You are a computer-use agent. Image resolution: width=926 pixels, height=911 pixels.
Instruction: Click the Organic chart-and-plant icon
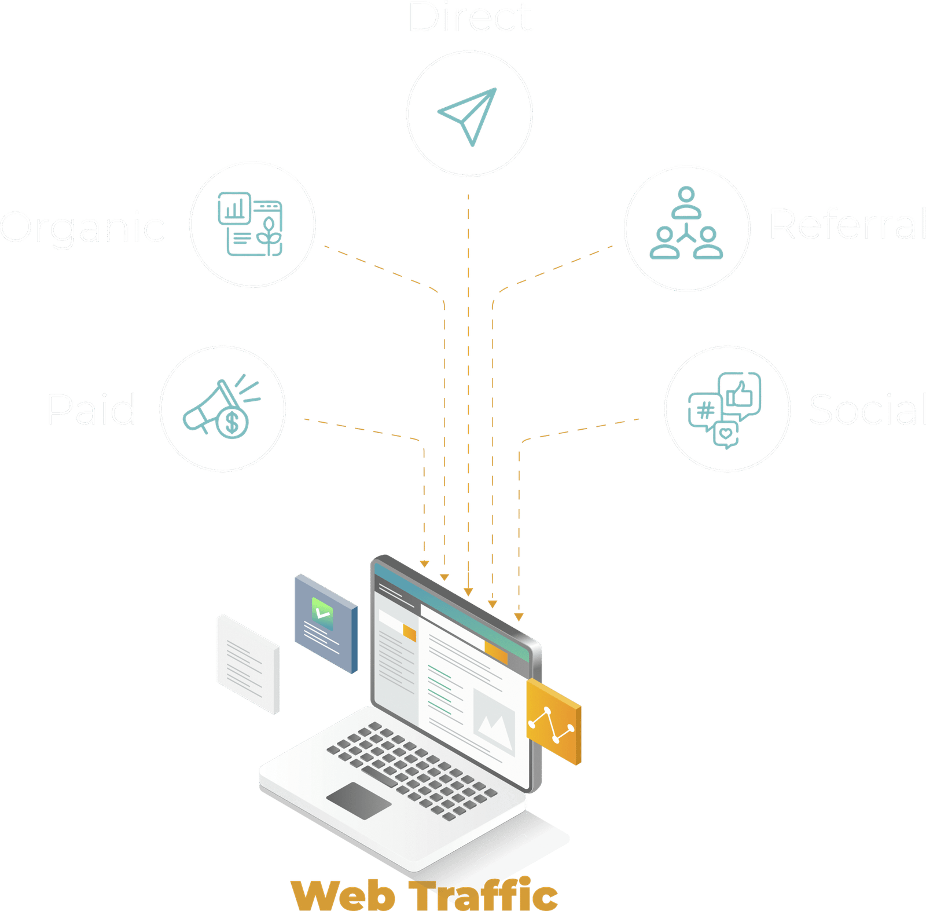click(250, 224)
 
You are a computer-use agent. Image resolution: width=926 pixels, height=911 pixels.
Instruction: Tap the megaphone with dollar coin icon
click(222, 408)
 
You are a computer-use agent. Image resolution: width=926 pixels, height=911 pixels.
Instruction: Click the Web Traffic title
click(424, 895)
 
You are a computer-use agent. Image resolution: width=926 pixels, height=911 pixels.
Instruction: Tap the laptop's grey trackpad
click(359, 800)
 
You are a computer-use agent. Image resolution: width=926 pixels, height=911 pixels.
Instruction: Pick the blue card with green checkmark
click(325, 623)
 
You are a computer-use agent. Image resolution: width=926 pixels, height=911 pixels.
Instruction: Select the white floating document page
click(248, 664)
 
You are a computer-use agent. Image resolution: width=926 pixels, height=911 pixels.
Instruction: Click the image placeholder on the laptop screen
click(494, 720)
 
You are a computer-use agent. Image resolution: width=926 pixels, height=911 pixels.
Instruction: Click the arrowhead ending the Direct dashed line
click(468, 592)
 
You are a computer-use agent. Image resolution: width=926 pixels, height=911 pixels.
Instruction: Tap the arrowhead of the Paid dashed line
click(424, 564)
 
